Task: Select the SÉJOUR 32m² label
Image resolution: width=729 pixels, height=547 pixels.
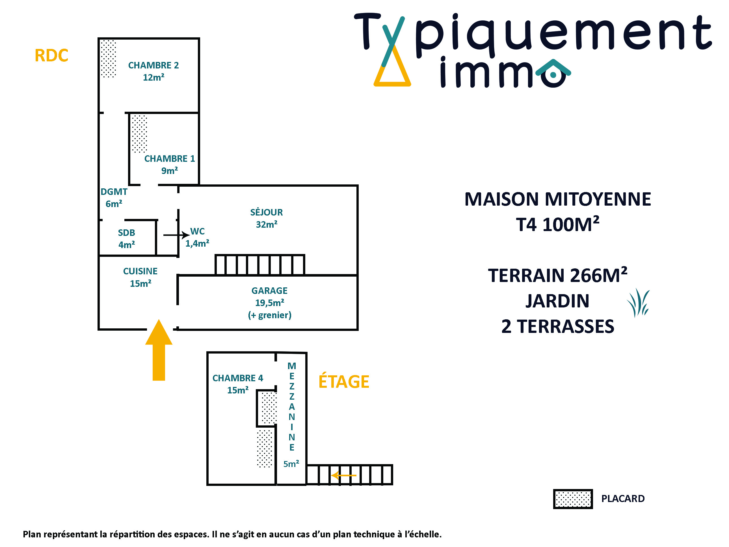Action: click(267, 218)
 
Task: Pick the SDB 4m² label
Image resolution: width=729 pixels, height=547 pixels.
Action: click(127, 239)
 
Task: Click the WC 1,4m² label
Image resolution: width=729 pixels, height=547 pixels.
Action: click(197, 237)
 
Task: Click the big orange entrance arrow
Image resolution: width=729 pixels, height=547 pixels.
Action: click(159, 350)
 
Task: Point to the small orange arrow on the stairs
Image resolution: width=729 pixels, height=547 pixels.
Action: click(344, 475)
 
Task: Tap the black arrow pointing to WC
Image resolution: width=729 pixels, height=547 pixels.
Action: click(176, 235)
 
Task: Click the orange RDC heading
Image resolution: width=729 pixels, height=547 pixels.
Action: click(51, 55)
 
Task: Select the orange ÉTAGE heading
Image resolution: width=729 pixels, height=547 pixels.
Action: click(344, 382)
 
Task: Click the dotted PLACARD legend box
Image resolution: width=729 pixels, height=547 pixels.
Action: click(573, 499)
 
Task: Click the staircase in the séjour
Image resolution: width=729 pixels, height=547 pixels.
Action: click(260, 265)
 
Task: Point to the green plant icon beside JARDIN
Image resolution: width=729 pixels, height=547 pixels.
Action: click(638, 303)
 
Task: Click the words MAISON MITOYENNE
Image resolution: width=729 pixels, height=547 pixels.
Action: click(558, 199)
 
